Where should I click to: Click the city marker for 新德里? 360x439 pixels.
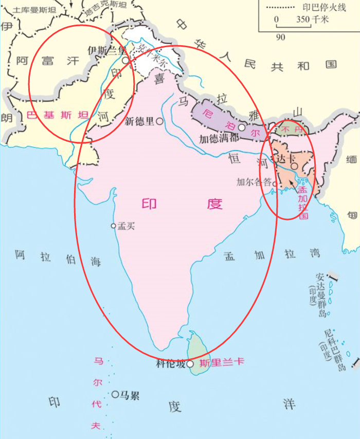click(160, 121)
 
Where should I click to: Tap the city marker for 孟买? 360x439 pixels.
click(114, 226)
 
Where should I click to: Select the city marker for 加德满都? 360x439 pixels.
click(241, 127)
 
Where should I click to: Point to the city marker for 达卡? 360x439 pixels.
click(294, 167)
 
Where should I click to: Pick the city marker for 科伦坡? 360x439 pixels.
click(190, 364)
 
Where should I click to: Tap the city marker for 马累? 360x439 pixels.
click(115, 394)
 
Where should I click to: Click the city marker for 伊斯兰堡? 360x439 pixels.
click(125, 60)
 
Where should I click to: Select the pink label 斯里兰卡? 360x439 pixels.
click(221, 362)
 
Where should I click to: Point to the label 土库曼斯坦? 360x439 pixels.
click(33, 9)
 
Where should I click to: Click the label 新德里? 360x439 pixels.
click(139, 121)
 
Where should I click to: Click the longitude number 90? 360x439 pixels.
click(280, 37)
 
